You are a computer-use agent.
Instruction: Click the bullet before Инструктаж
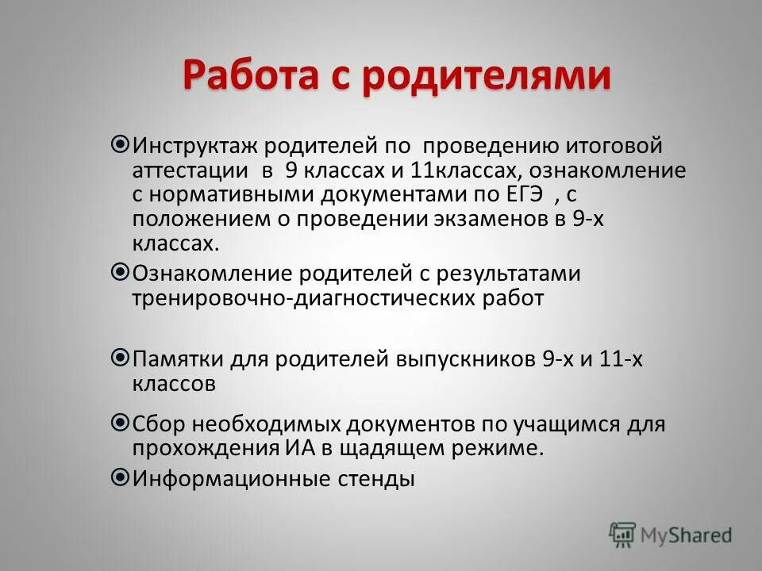coord(121,144)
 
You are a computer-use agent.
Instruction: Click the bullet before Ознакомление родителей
coord(121,272)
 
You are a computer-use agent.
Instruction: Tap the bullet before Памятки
coord(121,358)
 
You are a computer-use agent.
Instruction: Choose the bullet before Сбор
coord(121,422)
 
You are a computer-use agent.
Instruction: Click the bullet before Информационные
coord(121,477)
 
